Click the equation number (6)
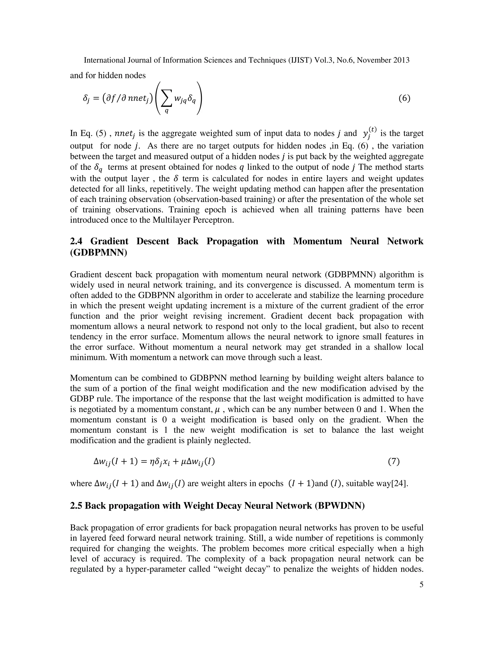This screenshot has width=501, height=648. point(404,98)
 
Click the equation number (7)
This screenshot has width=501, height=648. point(394,461)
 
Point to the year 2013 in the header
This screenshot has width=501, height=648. point(401,60)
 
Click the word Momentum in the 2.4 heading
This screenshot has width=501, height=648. point(317,241)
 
